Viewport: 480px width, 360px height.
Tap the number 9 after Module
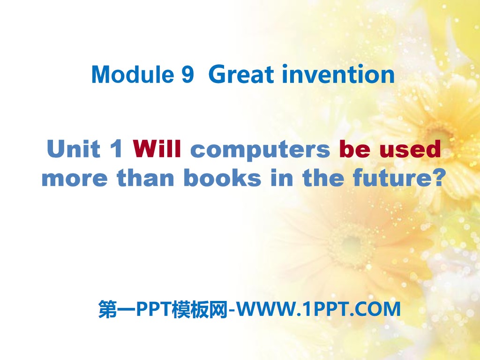(187, 75)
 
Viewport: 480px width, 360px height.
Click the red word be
(352, 150)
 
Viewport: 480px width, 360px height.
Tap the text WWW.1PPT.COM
(319, 309)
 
